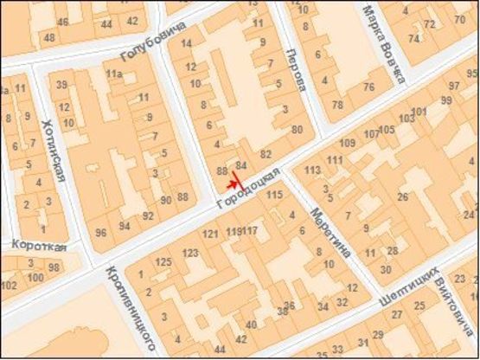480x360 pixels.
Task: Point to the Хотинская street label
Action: coord(53,151)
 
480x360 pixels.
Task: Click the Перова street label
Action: coord(296,69)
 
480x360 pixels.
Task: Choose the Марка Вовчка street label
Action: coord(383,43)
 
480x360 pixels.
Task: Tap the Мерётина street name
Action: coord(331,231)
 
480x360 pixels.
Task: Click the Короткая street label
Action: coord(38,246)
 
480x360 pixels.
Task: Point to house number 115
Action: coord(274,196)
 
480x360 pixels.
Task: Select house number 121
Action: coord(210,235)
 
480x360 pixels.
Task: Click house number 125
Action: coord(163,261)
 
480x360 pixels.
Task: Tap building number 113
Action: coord(313,170)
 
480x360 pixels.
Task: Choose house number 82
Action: coord(254,154)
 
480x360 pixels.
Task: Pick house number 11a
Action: coord(114,75)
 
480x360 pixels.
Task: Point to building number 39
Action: coord(62,84)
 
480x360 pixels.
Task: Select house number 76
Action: coord(368,87)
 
